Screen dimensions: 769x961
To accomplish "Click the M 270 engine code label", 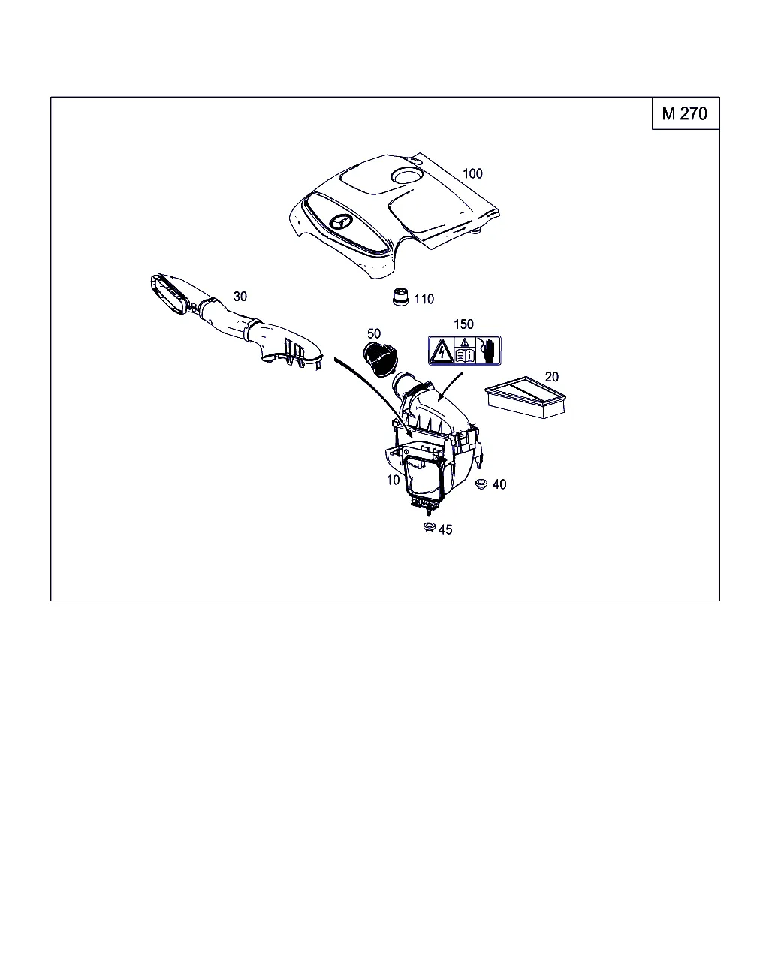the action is [684, 113].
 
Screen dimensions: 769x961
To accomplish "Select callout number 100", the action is [472, 173].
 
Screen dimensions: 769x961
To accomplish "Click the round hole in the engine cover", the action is [406, 175].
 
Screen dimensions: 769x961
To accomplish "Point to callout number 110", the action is [424, 299].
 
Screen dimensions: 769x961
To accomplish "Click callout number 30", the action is [240, 296].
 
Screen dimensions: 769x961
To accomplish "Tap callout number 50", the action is [373, 333].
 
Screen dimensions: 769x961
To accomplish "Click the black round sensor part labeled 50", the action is [380, 358].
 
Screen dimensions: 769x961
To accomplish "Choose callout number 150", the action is [463, 324].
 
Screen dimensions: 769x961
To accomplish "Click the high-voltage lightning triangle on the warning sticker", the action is [441, 351].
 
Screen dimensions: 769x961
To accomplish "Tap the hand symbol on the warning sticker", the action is [488, 350].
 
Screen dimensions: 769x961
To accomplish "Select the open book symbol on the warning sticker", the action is [465, 355].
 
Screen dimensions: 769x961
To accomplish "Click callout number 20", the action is [552, 377].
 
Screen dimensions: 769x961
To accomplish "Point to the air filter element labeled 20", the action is [526, 397].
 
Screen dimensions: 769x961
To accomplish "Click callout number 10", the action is [393, 480].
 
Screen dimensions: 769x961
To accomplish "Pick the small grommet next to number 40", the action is [481, 484].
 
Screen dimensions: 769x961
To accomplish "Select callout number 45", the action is [445, 529].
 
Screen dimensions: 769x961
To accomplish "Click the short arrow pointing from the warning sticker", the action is [450, 385].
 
